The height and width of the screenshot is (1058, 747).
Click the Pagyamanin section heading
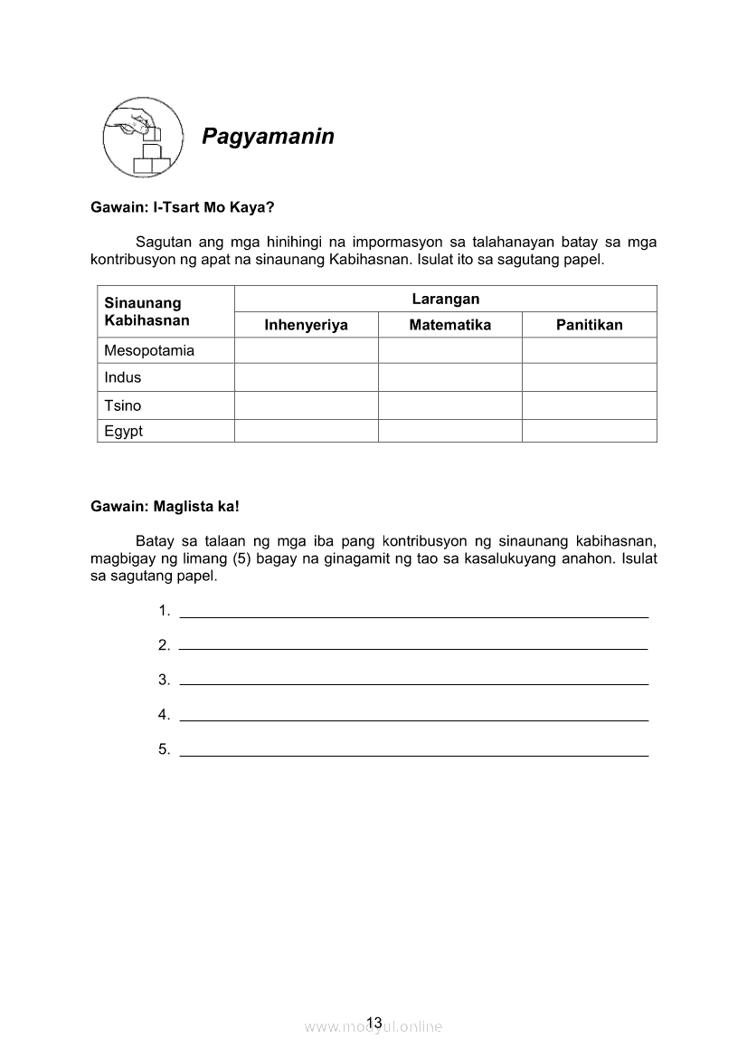coord(268,137)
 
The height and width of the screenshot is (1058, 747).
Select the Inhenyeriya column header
coord(306,325)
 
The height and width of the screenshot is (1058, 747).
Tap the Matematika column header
coord(449,325)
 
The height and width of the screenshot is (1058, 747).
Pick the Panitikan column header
coord(589,325)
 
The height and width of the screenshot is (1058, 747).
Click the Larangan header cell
coord(445,299)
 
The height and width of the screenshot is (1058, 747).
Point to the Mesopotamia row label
coord(149,350)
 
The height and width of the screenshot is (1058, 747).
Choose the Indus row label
coord(123,377)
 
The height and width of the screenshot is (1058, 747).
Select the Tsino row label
coord(123,405)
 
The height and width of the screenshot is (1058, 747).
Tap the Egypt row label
coord(124,431)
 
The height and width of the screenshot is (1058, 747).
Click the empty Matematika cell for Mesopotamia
coord(449,350)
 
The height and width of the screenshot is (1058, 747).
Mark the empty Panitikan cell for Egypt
coord(589,431)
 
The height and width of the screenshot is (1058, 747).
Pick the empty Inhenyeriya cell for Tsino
coord(306,405)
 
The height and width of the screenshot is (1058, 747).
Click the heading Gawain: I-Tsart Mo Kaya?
coord(182,207)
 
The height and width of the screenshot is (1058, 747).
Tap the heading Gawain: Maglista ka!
coord(165,507)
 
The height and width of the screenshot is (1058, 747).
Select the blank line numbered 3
coord(414,679)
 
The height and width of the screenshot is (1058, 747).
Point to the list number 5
coord(164,749)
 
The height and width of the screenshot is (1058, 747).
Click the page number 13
coord(375,1023)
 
